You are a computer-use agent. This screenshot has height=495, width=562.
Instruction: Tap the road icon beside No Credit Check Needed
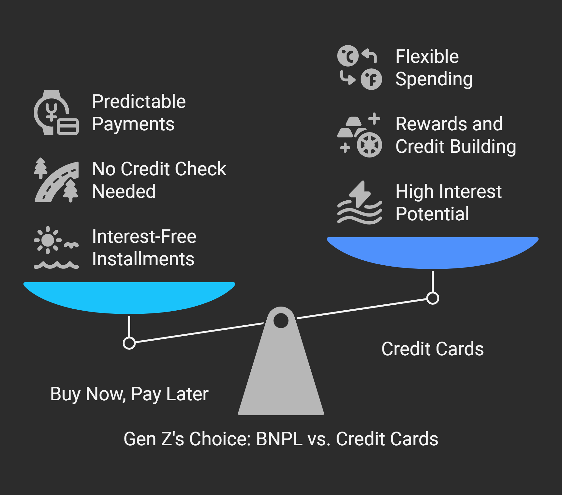click(x=56, y=181)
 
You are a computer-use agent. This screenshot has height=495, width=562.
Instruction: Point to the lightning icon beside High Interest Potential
click(x=360, y=203)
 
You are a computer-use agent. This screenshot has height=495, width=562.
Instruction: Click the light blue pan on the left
click(x=129, y=297)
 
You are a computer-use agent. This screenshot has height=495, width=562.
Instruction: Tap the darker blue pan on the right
click(x=433, y=252)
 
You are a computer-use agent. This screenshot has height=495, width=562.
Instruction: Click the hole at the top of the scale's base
click(x=281, y=321)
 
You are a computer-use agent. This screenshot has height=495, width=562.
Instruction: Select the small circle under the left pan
click(x=129, y=343)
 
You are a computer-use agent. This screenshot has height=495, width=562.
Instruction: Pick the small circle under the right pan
click(x=433, y=298)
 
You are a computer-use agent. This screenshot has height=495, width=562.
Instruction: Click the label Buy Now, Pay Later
click(x=129, y=394)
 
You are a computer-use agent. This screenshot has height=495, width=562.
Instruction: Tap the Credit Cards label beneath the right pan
click(x=432, y=349)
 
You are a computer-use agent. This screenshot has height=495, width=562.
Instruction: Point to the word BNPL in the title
click(x=279, y=439)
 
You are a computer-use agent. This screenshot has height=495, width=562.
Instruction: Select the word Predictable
click(x=139, y=102)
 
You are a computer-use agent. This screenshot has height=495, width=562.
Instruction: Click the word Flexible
click(x=427, y=57)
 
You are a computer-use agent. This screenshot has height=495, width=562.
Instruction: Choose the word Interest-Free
click(x=144, y=237)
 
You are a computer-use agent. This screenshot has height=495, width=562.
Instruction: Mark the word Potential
click(x=432, y=214)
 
